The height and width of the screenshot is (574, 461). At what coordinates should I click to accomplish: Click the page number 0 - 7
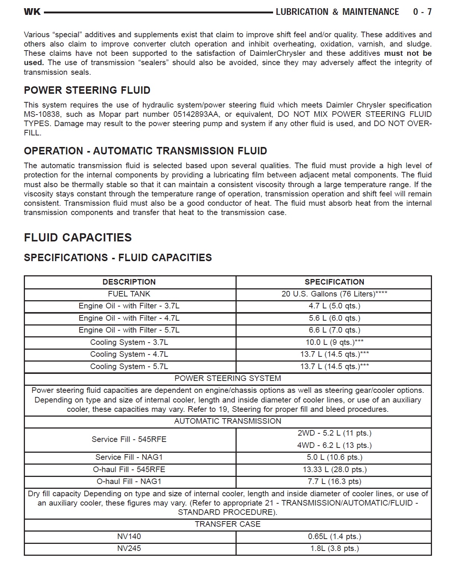(x=422, y=12)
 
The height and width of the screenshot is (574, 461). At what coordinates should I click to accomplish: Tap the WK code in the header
(x=32, y=12)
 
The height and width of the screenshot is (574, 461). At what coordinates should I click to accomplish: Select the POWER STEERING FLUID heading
(x=87, y=90)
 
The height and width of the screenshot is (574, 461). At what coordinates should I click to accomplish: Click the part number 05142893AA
(x=196, y=114)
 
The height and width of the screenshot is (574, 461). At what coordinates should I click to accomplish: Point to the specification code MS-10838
(x=41, y=114)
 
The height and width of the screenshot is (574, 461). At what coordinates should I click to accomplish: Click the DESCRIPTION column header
(x=129, y=282)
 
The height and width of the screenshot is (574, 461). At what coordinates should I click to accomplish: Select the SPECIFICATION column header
(x=334, y=282)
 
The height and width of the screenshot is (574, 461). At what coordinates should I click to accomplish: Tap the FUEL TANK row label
(x=129, y=294)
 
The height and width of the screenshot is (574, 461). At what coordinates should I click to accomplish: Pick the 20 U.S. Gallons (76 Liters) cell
(x=334, y=294)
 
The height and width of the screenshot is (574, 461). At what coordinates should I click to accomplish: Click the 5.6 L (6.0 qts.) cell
(x=334, y=318)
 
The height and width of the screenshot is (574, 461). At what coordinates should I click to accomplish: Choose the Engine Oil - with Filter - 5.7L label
(x=129, y=330)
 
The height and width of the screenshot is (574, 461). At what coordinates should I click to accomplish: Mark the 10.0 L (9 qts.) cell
(x=334, y=342)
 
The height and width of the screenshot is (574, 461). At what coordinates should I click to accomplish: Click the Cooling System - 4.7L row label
(x=129, y=354)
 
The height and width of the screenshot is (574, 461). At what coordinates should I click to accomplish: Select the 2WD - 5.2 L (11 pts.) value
(x=334, y=433)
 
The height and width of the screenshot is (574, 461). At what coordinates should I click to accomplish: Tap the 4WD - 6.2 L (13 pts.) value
(x=334, y=445)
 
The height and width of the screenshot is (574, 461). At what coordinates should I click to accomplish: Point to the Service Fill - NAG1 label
(x=129, y=457)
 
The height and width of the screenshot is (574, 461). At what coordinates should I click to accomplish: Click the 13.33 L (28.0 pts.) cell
(x=334, y=469)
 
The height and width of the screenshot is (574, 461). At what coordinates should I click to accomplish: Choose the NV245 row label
(x=129, y=548)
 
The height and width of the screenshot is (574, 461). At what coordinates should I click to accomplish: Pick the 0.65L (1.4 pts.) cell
(x=334, y=536)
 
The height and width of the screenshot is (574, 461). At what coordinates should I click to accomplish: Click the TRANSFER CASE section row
(x=227, y=524)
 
